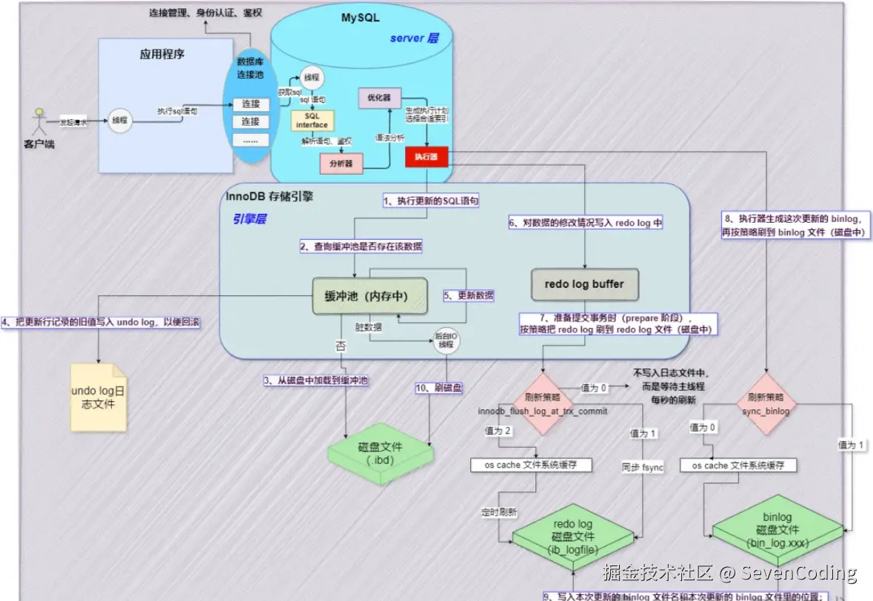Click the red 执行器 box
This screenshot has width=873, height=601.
[x=427, y=157]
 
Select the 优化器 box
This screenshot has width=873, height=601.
[x=379, y=97]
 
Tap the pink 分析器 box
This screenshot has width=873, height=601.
[x=341, y=163]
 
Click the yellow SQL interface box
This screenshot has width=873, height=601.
[x=312, y=121]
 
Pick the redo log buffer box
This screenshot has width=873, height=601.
[x=584, y=284]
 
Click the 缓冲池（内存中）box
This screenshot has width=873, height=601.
[x=366, y=296]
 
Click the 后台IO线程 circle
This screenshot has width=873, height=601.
[x=446, y=340]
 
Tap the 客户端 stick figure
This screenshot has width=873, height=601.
[x=39, y=121]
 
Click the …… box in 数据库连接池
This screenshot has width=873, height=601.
[x=250, y=140]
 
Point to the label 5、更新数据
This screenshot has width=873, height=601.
[x=469, y=295]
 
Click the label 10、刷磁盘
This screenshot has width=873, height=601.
[x=438, y=387]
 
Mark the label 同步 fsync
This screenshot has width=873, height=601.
[x=643, y=468]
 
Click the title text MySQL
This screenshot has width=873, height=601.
[x=360, y=18]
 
